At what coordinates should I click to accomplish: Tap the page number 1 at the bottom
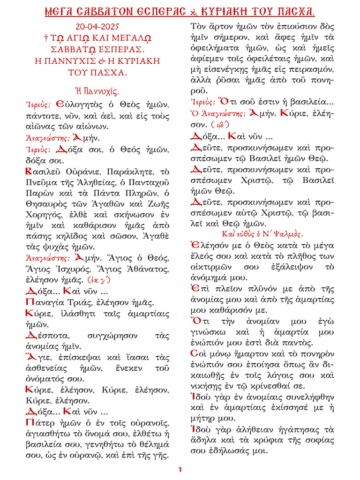point(180,469)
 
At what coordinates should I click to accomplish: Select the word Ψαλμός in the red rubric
point(288,233)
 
